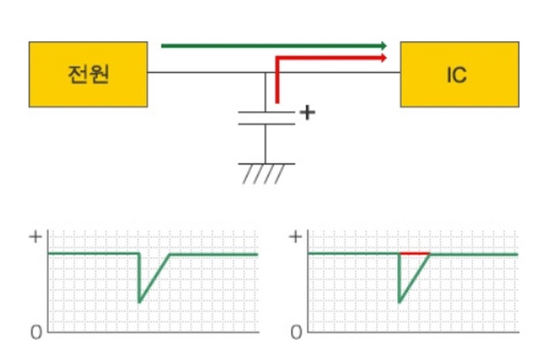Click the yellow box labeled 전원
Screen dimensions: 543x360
click(x=88, y=74)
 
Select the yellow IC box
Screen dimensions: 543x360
click(x=459, y=74)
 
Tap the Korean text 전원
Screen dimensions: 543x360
click(x=88, y=74)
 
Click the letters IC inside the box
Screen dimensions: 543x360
click(x=457, y=75)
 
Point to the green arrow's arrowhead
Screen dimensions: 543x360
click(x=384, y=46)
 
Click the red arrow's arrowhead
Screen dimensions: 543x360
click(x=384, y=58)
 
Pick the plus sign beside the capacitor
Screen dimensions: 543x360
click(x=307, y=112)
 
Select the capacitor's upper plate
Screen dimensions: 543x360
click(x=266, y=112)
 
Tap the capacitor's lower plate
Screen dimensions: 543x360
click(x=266, y=123)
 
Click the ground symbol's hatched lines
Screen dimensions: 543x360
click(x=264, y=174)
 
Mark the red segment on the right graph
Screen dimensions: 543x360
click(x=415, y=254)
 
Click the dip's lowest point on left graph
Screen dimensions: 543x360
click(x=139, y=302)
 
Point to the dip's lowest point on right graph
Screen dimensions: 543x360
click(x=399, y=302)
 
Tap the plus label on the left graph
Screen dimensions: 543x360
click(x=36, y=237)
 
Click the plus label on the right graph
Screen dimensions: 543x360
click(x=296, y=237)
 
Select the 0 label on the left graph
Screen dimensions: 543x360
click(x=36, y=332)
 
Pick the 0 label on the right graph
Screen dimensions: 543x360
click(x=296, y=332)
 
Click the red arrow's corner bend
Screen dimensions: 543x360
click(x=277, y=58)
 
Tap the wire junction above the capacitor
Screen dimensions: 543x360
click(x=265, y=72)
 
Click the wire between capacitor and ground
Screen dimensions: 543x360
click(x=265, y=144)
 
